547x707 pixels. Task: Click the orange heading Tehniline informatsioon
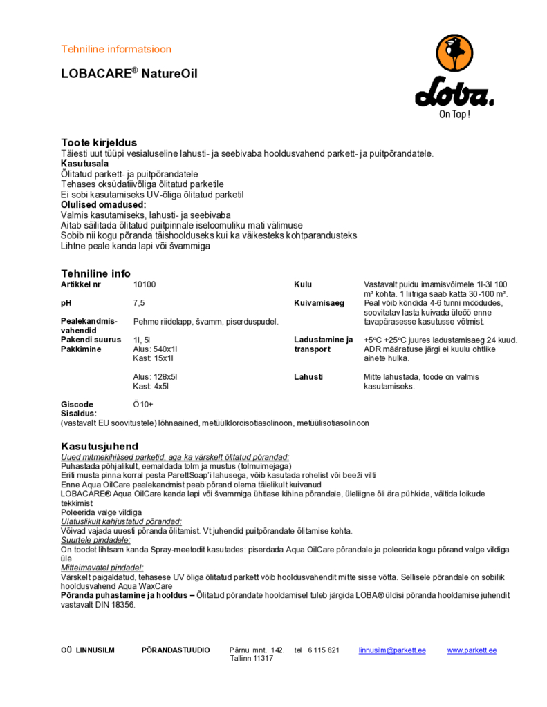116,49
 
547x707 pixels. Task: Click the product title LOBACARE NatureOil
129,73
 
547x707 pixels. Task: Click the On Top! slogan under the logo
454,115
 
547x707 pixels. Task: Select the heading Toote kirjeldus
99,142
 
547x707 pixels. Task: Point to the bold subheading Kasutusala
84,164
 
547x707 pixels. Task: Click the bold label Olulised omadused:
104,205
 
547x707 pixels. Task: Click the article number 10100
145,284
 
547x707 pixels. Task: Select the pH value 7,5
139,302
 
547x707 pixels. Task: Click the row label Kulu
303,284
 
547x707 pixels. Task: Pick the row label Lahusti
308,377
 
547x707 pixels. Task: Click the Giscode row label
77,405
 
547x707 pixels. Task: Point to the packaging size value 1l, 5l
142,340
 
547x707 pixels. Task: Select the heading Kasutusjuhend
100,446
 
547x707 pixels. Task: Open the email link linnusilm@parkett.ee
392,650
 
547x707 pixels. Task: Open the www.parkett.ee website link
472,650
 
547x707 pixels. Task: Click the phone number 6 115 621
324,650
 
